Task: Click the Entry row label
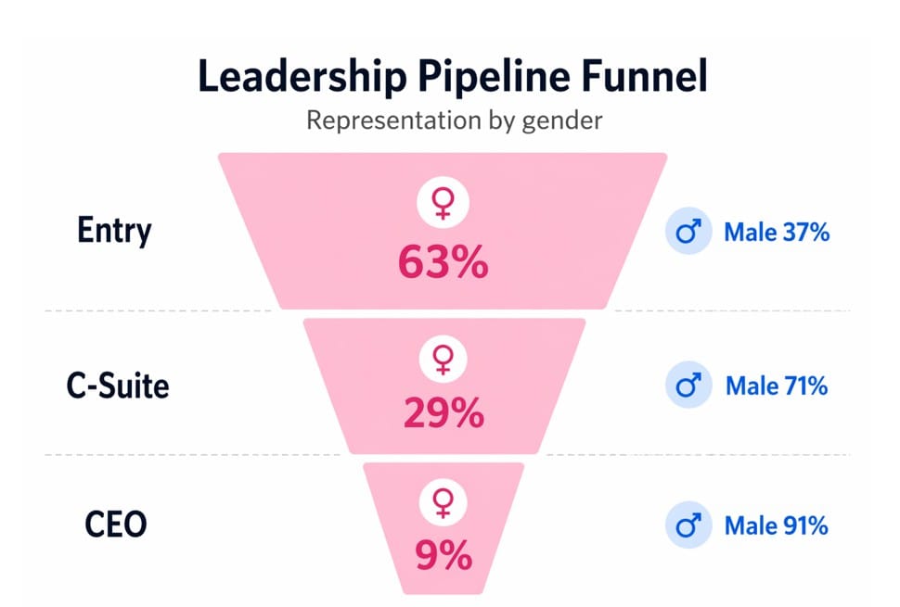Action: point(114,230)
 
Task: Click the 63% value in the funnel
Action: point(443,263)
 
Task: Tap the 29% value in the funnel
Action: point(443,412)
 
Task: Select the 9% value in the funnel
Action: point(443,557)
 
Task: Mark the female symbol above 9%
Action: point(443,504)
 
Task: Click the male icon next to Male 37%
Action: point(688,232)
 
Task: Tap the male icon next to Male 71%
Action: point(688,385)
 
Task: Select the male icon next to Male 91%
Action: point(688,525)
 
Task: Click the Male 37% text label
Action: point(776,232)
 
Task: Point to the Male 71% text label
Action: point(776,385)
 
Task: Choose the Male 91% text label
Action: point(776,525)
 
